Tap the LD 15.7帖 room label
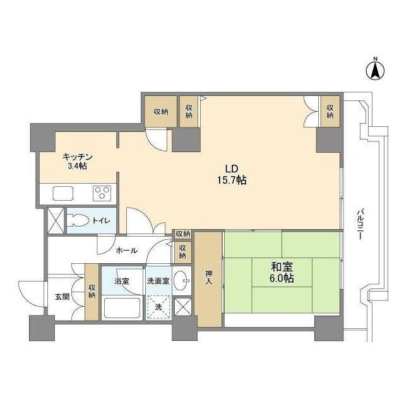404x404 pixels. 232,175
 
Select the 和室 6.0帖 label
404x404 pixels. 282,273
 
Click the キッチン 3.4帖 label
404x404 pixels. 77,162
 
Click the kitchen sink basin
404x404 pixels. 63,193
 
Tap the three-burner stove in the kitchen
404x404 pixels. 102,193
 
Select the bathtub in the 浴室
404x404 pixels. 122,307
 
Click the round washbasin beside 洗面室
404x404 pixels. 181,280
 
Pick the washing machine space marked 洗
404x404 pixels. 158,307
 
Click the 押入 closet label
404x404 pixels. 209,276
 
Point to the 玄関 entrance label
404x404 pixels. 62,297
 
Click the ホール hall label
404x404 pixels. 126,250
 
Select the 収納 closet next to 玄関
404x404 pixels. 92,292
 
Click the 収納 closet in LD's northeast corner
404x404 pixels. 330,111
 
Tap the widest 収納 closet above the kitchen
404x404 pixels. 161,112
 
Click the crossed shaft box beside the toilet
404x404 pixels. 56,220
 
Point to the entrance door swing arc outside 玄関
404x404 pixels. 31,294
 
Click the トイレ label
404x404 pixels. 101,221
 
